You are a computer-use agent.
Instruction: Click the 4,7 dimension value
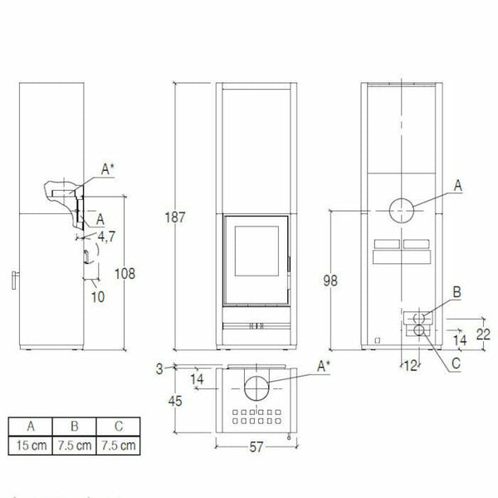pos(105,237)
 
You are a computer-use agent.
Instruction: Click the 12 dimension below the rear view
pos(409,365)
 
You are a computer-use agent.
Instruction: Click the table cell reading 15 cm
pos(30,446)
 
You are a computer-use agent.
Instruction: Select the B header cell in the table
pos(74,427)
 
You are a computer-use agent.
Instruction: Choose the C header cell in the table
pos(117,427)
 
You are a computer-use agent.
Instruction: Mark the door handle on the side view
pos(14,281)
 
